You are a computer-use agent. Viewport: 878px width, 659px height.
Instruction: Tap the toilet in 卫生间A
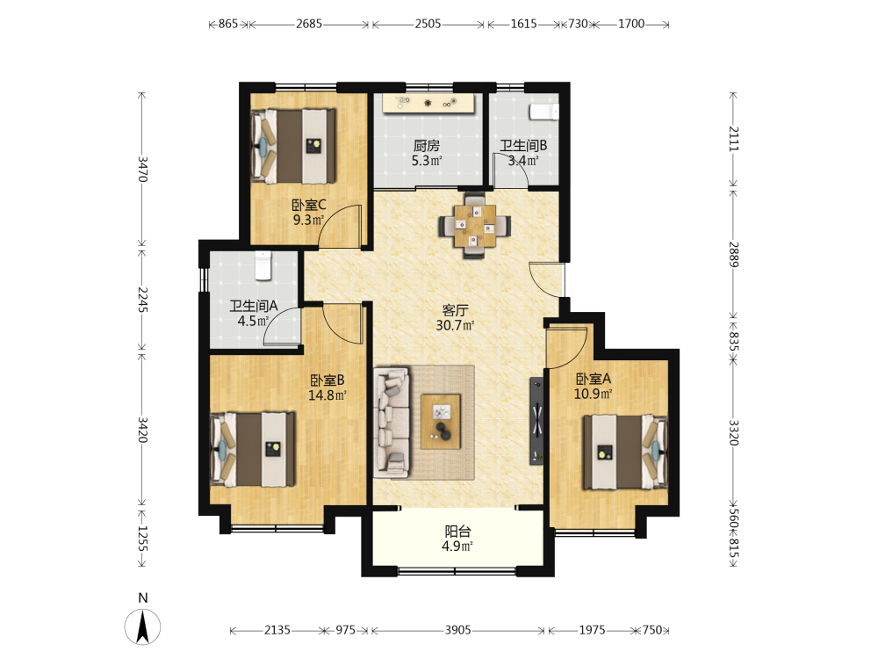[263, 265]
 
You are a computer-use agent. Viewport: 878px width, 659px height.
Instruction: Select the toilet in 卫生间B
[544, 112]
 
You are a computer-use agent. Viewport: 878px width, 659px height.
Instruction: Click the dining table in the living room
[475, 226]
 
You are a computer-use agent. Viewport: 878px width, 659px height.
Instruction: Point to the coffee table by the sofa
[442, 422]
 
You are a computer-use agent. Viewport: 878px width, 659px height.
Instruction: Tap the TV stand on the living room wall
[536, 421]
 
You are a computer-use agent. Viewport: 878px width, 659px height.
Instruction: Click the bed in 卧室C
[293, 146]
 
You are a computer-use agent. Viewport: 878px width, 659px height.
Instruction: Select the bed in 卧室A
[625, 452]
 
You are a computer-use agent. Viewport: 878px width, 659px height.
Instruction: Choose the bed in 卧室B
[253, 449]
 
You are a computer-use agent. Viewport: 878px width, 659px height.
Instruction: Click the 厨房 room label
[427, 146]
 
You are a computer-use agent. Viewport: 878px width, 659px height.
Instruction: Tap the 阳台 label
[457, 532]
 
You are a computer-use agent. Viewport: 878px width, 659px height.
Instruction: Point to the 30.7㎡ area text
[455, 325]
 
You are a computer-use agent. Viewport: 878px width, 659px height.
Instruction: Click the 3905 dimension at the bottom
[457, 630]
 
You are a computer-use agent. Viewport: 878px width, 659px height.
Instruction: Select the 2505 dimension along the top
[428, 24]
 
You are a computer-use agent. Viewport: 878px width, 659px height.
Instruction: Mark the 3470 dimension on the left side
[143, 169]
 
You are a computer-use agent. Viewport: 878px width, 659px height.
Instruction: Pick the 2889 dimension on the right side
[733, 255]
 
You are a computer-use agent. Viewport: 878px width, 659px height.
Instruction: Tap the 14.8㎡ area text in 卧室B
[327, 395]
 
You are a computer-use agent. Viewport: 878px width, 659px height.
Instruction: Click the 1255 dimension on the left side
[143, 539]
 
